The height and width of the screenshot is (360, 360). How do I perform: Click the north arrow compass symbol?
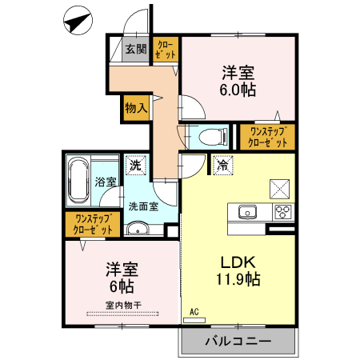click(x=77, y=22)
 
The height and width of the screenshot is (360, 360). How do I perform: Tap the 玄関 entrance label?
click(x=135, y=50)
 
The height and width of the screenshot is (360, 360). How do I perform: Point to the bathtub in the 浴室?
click(x=79, y=182)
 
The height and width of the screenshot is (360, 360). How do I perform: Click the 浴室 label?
click(x=105, y=182)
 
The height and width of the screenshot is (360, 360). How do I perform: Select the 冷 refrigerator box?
click(x=222, y=166)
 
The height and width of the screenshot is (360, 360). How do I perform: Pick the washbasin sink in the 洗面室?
click(x=137, y=230)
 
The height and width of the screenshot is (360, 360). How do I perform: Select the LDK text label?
click(x=238, y=260)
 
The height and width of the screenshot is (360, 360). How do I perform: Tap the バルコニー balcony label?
click(x=237, y=341)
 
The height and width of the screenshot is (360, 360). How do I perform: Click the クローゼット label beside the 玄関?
click(x=166, y=50)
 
